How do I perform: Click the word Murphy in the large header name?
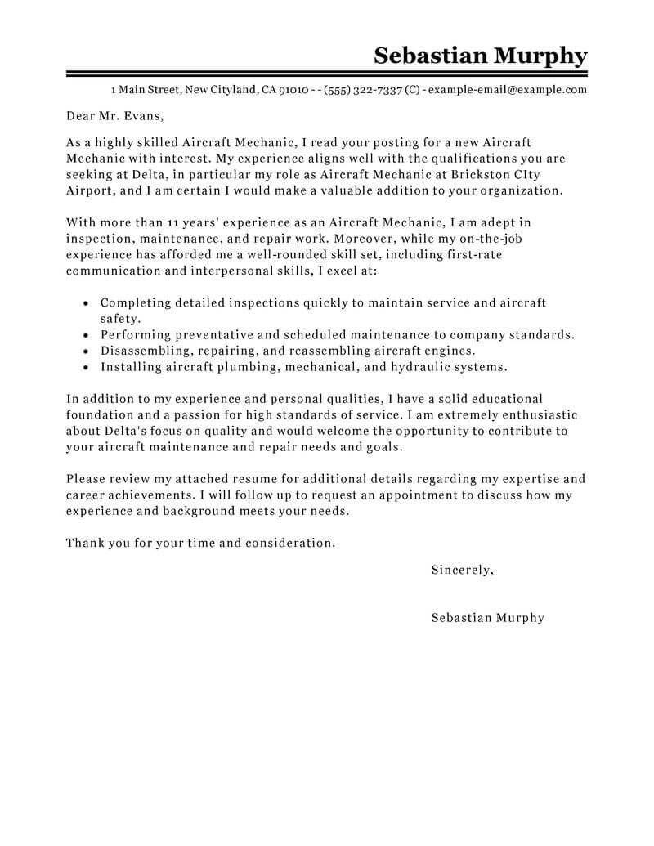(540, 57)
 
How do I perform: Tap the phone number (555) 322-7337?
(363, 90)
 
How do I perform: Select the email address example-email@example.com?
(507, 90)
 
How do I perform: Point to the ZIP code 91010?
(294, 90)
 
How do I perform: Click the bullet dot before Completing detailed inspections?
(87, 303)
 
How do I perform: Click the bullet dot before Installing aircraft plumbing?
(87, 367)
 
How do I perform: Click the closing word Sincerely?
(462, 570)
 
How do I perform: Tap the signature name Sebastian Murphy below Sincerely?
(487, 618)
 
